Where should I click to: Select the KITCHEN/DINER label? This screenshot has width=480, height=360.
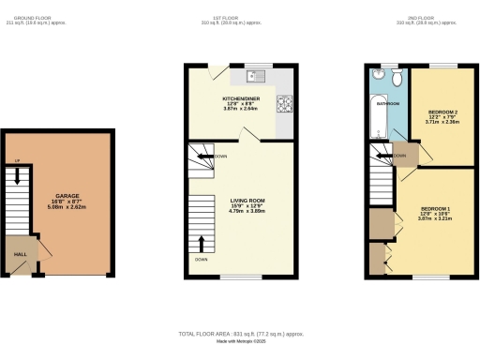(240, 97)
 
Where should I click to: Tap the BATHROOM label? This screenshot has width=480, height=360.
(388, 104)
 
